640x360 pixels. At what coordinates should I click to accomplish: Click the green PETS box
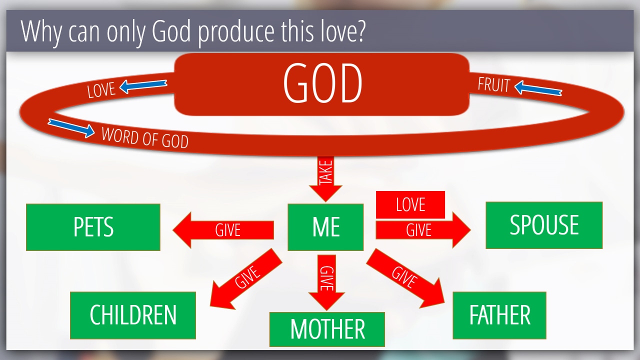pyautogui.click(x=93, y=227)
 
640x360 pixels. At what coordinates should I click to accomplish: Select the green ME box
pyautogui.click(x=325, y=227)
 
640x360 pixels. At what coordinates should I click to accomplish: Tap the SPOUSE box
pyautogui.click(x=544, y=225)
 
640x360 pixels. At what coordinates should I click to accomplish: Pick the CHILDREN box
pyautogui.click(x=133, y=315)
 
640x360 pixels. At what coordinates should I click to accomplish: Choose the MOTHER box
pyautogui.click(x=327, y=329)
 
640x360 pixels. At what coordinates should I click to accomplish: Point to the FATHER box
pyautogui.click(x=499, y=315)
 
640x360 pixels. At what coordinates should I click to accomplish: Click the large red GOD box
pyautogui.click(x=321, y=84)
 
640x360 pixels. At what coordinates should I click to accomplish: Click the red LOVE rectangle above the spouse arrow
pyautogui.click(x=410, y=204)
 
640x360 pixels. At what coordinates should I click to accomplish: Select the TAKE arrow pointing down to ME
pyautogui.click(x=325, y=179)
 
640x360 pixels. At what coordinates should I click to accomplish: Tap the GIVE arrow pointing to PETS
pyautogui.click(x=223, y=230)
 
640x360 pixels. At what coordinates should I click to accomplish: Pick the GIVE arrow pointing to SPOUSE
pyautogui.click(x=423, y=230)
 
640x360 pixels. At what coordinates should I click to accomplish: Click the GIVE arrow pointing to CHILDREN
pyautogui.click(x=246, y=279)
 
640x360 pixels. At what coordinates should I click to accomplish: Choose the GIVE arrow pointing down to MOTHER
pyautogui.click(x=326, y=282)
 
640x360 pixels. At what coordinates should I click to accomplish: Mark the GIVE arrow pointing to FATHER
pyautogui.click(x=405, y=278)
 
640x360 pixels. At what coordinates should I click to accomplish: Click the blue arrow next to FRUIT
pyautogui.click(x=538, y=88)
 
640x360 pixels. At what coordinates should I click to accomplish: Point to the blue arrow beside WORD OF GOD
pyautogui.click(x=71, y=128)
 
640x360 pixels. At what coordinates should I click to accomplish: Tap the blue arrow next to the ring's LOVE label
pyautogui.click(x=143, y=86)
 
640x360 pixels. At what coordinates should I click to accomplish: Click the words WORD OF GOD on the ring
pyautogui.click(x=145, y=137)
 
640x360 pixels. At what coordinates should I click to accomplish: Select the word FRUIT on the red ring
pyautogui.click(x=493, y=85)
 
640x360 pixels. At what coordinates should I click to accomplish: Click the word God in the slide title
pyautogui.click(x=171, y=31)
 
